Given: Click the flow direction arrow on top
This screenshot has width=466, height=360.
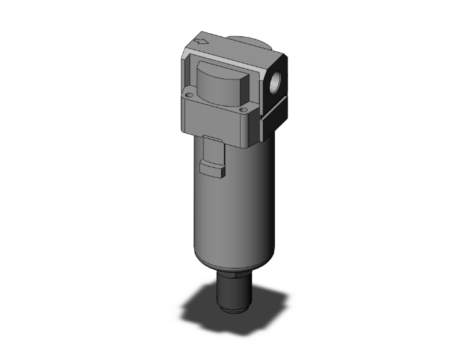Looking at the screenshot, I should tap(201, 43).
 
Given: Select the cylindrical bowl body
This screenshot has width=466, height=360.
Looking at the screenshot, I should tap(232, 207).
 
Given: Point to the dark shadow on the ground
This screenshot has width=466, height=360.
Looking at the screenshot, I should tap(207, 307).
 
